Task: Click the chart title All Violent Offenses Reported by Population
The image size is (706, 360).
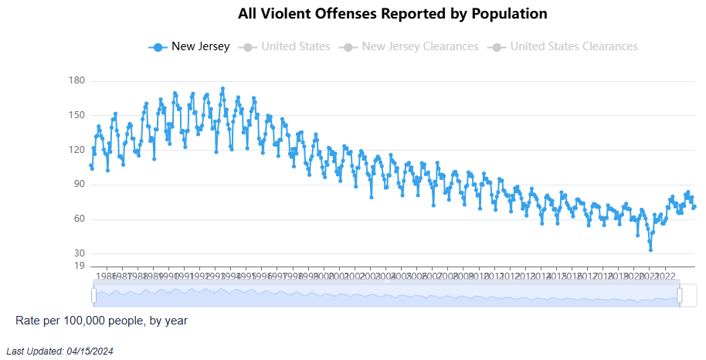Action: (x=392, y=14)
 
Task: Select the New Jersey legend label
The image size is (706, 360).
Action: (x=200, y=46)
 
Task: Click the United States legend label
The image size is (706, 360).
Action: (x=295, y=46)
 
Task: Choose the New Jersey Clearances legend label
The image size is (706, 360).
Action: (x=419, y=46)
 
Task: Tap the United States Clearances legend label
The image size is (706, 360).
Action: (x=574, y=46)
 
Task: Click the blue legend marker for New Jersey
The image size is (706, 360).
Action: (x=158, y=46)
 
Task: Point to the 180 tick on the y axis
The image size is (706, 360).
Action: (x=76, y=81)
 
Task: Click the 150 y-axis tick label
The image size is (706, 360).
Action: (x=76, y=115)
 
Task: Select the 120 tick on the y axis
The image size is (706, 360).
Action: (x=76, y=150)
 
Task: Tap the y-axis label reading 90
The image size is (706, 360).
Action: (x=79, y=185)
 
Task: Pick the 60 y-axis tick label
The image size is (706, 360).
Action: (x=79, y=219)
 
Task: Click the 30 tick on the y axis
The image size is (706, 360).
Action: (x=79, y=253)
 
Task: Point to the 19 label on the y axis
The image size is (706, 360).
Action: (x=79, y=266)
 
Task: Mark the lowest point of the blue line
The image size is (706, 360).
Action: (x=650, y=250)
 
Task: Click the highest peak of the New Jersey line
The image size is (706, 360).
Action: (x=222, y=89)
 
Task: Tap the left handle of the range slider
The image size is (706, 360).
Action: (x=93, y=295)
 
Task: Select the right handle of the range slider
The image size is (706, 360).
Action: (x=680, y=295)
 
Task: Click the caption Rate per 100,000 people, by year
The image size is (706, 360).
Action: (x=101, y=320)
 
